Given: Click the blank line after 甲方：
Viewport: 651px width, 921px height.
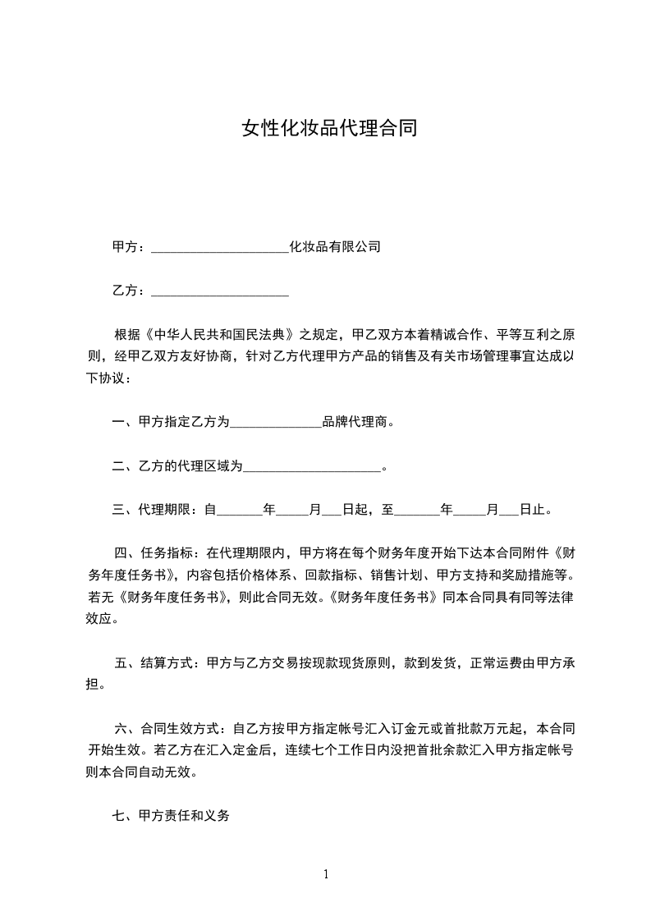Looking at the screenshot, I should (x=220, y=247).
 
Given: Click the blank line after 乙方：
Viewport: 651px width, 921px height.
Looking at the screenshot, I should (x=220, y=291).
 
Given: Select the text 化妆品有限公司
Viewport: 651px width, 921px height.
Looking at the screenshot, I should (x=335, y=246).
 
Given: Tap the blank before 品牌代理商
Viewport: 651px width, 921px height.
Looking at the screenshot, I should (x=275, y=424).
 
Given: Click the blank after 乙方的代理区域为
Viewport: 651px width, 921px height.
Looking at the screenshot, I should (x=313, y=467).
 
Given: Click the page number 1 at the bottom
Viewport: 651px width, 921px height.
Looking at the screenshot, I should (x=326, y=874).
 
